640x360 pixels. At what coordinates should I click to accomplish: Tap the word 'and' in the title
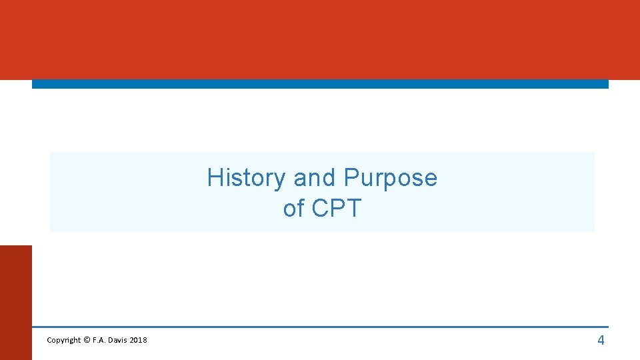pyautogui.click(x=315, y=178)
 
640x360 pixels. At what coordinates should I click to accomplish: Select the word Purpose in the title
pyautogui.click(x=390, y=178)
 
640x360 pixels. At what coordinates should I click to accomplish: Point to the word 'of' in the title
pyautogui.click(x=293, y=209)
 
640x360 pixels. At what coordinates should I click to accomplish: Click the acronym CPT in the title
pyautogui.click(x=336, y=209)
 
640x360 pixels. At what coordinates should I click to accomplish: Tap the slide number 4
pyautogui.click(x=601, y=341)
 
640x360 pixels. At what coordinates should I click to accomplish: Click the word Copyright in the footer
pyautogui.click(x=63, y=341)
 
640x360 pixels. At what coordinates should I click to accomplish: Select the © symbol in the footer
pyautogui.click(x=87, y=341)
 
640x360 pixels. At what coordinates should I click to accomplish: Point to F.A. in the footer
pyautogui.click(x=99, y=341)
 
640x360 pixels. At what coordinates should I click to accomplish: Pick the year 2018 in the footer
pyautogui.click(x=139, y=341)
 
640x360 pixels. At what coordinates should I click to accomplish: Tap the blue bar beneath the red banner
pyautogui.click(x=320, y=84)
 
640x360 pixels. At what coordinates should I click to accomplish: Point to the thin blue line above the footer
pyautogui.click(x=320, y=327)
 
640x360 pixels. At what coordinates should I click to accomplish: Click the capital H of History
pyautogui.click(x=215, y=178)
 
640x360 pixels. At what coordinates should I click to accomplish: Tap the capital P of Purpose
pyautogui.click(x=351, y=178)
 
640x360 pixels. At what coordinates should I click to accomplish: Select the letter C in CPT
pyautogui.click(x=321, y=209)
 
